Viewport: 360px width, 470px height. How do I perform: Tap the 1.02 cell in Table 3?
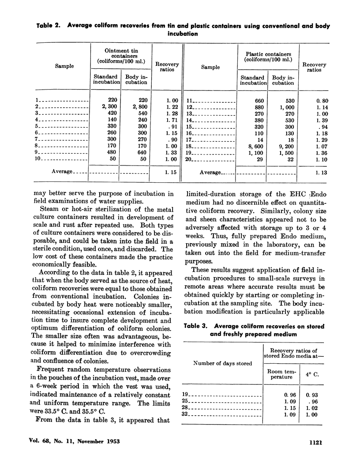(311, 407)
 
